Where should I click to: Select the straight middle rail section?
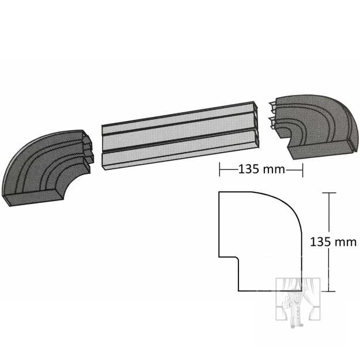[180, 135]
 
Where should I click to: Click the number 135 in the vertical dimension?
[320, 242]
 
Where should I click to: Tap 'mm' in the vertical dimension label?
[346, 242]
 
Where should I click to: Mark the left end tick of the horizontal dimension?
[219, 170]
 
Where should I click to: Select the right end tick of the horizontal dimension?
[302, 170]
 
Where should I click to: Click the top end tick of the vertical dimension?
[329, 193]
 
